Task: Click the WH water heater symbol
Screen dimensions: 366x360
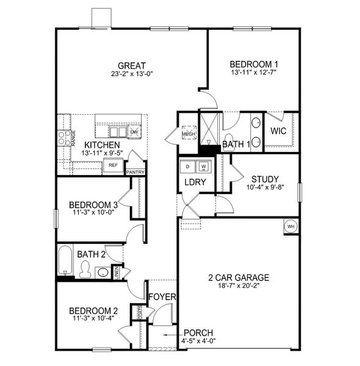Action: [290, 226]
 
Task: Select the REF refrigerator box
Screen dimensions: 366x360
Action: [113, 165]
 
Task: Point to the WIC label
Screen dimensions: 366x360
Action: [279, 131]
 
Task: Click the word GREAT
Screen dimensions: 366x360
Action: [131, 65]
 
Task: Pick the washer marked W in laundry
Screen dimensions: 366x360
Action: [203, 166]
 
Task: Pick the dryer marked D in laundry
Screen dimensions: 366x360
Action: [188, 166]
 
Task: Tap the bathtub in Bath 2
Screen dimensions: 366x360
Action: [64, 262]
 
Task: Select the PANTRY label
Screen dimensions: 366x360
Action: [135, 173]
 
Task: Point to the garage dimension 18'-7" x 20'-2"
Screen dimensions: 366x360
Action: [238, 285]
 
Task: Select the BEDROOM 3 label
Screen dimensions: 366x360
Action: [93, 204]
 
